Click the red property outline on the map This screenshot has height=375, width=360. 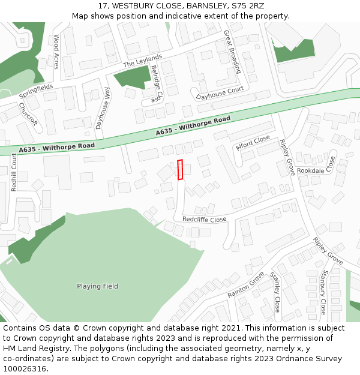(180, 170)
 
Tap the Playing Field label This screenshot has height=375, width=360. (97, 286)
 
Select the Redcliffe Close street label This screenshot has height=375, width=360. (204, 220)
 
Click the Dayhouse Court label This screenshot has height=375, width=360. (220, 93)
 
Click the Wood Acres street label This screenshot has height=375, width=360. (56, 52)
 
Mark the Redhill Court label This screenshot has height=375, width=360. (14, 172)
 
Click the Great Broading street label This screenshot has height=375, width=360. (232, 52)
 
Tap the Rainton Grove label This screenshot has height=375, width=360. (246, 284)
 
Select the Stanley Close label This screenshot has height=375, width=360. (275, 292)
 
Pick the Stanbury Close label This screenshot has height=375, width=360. (323, 292)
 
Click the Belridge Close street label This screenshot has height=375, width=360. (157, 85)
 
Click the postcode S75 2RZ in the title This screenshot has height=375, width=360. (248, 6)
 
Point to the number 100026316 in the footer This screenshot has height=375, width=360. (26, 368)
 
